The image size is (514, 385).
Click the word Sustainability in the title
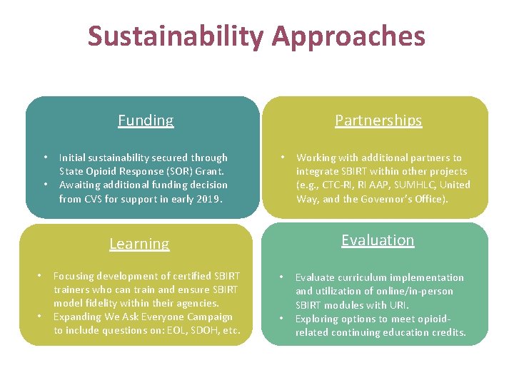[174, 36]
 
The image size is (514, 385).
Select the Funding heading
[146, 120]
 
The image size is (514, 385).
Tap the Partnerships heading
[378, 120]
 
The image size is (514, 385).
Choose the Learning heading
[139, 244]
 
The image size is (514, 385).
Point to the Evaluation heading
[378, 240]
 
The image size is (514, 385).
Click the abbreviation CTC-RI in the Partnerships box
[340, 185]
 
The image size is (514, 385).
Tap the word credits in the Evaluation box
[446, 332]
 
